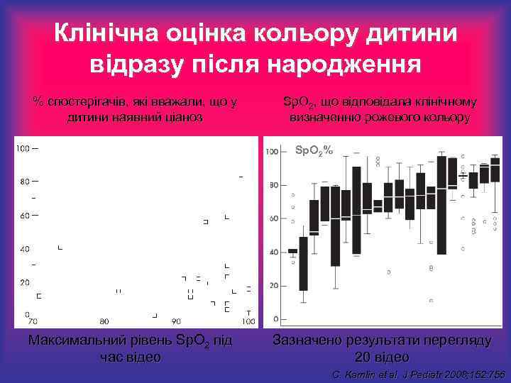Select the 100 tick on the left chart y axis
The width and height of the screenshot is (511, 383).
point(23,148)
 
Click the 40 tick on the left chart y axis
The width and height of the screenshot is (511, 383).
point(25,249)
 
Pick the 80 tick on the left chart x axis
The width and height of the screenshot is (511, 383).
point(104,321)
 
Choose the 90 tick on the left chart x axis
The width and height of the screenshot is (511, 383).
point(176,321)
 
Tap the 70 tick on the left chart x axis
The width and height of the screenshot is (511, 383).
point(32,321)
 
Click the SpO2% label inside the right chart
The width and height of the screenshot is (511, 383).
point(313,150)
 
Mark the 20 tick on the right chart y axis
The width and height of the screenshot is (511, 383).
point(273,286)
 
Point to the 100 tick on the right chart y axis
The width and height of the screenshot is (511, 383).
point(273,151)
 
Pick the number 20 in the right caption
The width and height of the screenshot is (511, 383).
point(363,356)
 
